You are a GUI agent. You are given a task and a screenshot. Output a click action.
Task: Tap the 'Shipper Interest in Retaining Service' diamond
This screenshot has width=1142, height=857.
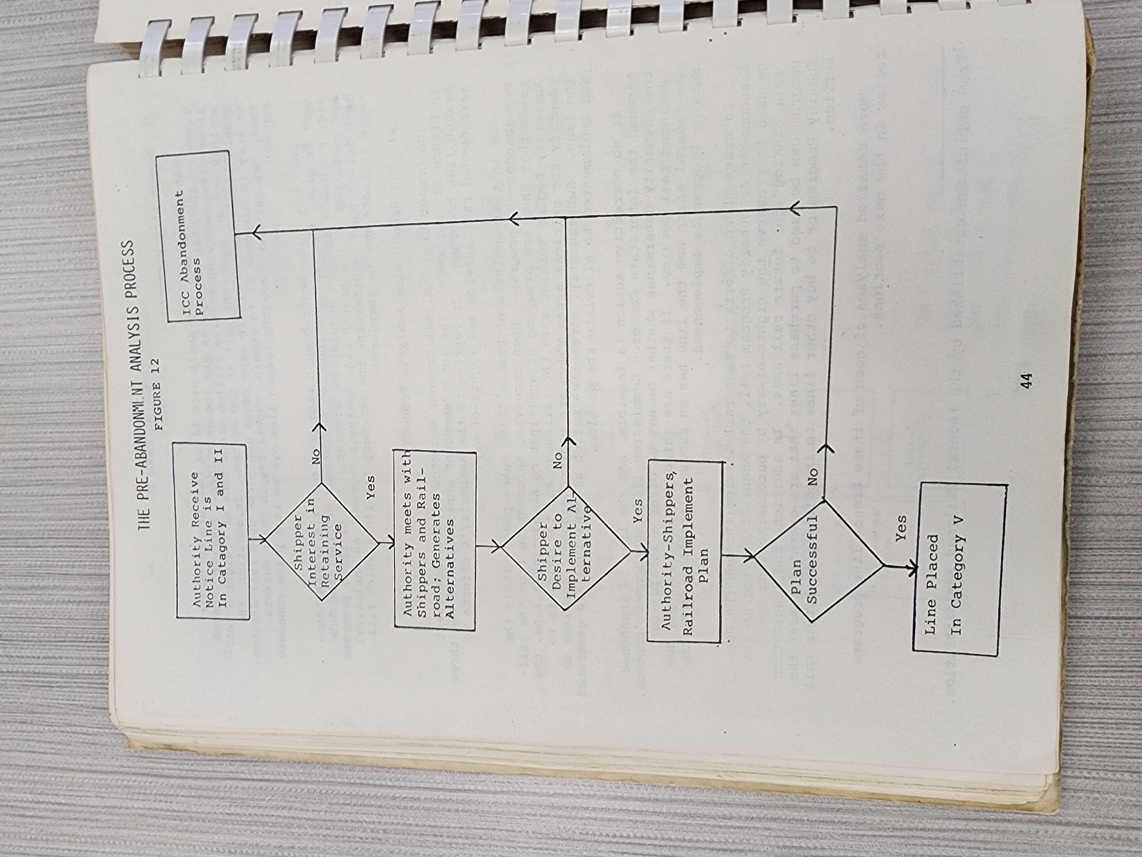(x=321, y=541)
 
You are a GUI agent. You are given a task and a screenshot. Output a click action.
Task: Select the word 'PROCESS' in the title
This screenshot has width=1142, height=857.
(x=129, y=270)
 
